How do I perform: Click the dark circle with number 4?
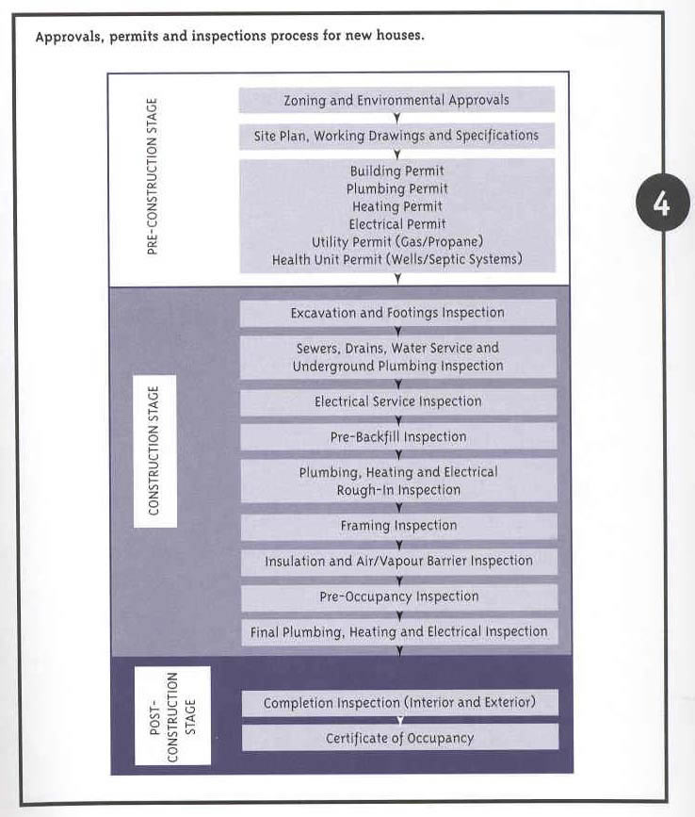(663, 203)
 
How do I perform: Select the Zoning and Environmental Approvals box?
(396, 100)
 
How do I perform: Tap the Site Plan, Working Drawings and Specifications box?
(396, 136)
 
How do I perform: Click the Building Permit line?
(397, 171)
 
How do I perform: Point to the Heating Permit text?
(397, 206)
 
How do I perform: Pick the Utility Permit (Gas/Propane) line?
(397, 242)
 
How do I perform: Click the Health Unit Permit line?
(397, 259)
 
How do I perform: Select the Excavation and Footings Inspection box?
(397, 313)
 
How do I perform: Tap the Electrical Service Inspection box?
(398, 401)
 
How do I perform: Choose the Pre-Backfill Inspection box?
(398, 437)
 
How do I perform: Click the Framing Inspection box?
(398, 526)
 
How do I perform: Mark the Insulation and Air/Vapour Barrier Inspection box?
(398, 562)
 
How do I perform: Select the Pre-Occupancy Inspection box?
(399, 596)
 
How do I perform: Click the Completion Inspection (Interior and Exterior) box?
(400, 703)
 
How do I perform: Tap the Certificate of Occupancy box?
(400, 738)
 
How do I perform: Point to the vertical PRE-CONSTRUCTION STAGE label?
(152, 176)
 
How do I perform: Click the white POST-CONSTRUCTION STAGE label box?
(173, 716)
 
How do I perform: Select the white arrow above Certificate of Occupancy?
(400, 720)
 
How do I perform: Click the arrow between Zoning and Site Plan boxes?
(396, 119)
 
